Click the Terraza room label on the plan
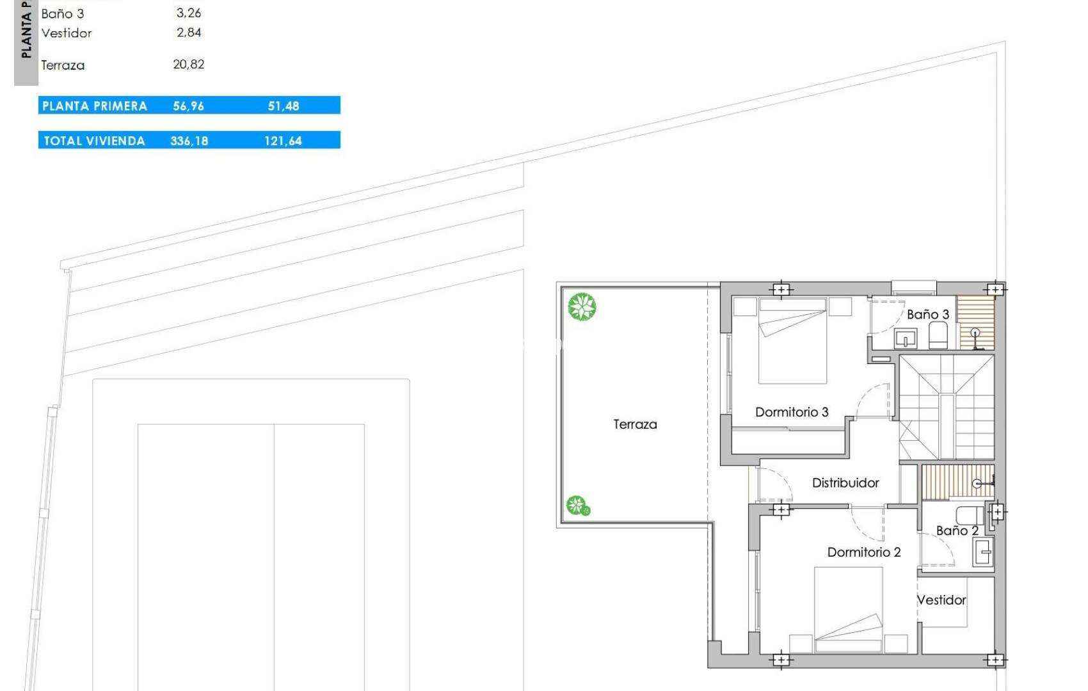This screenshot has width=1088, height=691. [x=635, y=424]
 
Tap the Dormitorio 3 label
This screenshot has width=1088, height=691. [x=792, y=412]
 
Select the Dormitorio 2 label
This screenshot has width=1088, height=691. [x=864, y=552]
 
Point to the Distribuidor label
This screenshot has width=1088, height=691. [x=845, y=482]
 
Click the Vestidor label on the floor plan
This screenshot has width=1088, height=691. [x=942, y=600]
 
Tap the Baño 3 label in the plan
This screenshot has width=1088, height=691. [x=928, y=314]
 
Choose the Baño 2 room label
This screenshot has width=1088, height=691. [x=957, y=530]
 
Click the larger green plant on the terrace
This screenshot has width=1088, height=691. [x=582, y=306]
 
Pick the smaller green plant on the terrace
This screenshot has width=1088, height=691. [x=578, y=505]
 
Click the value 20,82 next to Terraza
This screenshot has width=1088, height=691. [x=188, y=64]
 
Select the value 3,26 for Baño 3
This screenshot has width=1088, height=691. [x=188, y=13]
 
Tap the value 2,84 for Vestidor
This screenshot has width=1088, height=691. [x=188, y=32]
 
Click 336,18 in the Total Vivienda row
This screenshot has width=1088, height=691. [x=189, y=141]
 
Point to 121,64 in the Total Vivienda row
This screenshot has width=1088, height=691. [x=283, y=141]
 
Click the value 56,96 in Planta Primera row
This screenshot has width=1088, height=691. [x=188, y=106]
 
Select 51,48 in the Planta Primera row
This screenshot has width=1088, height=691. [x=283, y=106]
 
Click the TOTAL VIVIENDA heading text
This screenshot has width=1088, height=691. [x=94, y=141]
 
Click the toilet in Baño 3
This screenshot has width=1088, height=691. [x=938, y=335]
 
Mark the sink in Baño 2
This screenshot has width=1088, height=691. [x=982, y=551]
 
